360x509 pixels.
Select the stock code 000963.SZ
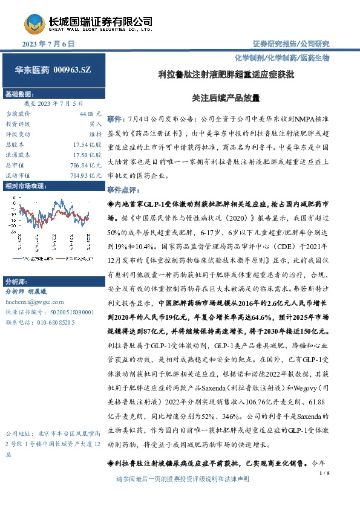71,71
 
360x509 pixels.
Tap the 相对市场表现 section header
25,186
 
